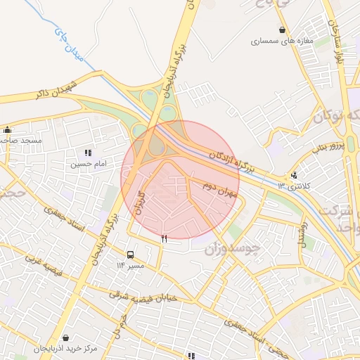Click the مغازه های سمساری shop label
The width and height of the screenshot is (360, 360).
tap(281, 41)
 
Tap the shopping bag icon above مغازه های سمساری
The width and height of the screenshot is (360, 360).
tap(282, 30)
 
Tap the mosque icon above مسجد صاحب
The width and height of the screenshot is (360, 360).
tap(8, 129)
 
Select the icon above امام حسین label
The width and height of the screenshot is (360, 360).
tap(88, 153)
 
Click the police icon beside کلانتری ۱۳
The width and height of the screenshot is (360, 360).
tap(293, 176)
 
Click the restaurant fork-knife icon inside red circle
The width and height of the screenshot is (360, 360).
tap(165, 239)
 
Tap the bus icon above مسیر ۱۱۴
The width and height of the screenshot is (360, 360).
tap(130, 255)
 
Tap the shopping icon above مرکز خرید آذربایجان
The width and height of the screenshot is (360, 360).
tap(65, 337)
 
